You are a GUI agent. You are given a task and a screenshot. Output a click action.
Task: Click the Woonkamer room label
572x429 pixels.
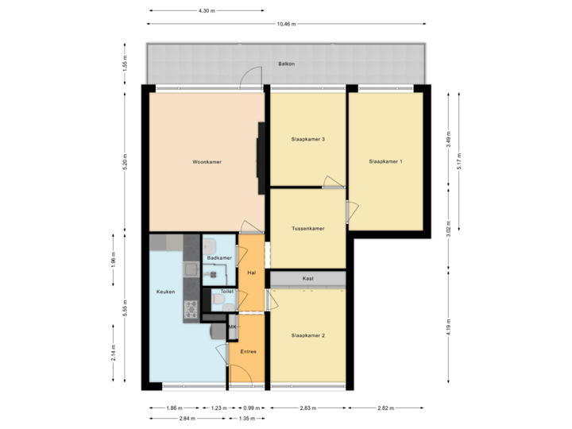[207, 162]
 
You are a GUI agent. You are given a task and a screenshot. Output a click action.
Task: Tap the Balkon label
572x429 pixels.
[286, 64]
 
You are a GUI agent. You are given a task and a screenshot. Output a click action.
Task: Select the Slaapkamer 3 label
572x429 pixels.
[307, 139]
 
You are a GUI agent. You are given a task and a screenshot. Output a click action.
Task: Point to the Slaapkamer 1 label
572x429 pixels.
[385, 161]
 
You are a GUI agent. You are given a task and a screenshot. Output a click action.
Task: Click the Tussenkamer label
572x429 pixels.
[307, 229]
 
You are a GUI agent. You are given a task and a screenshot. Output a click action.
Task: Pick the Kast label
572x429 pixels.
[307, 279]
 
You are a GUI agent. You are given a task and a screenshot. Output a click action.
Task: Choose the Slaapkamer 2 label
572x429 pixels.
[307, 335]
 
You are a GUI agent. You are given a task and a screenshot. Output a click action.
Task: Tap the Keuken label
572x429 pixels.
[165, 292]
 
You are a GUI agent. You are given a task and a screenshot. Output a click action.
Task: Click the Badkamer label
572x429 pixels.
[218, 258]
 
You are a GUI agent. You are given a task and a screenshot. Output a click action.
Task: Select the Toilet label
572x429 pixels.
[227, 292]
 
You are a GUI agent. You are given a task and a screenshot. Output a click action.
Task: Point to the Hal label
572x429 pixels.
[251, 272]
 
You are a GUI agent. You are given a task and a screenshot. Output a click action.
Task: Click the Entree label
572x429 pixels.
[248, 350]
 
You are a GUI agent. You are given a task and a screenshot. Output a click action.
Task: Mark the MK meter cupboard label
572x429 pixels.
[233, 327]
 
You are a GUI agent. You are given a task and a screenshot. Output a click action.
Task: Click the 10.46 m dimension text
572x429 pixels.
[286, 24]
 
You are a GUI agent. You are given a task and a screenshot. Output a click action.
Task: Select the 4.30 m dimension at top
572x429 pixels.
[206, 10]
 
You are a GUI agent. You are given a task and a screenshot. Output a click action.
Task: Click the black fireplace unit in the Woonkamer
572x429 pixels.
[260, 159]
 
